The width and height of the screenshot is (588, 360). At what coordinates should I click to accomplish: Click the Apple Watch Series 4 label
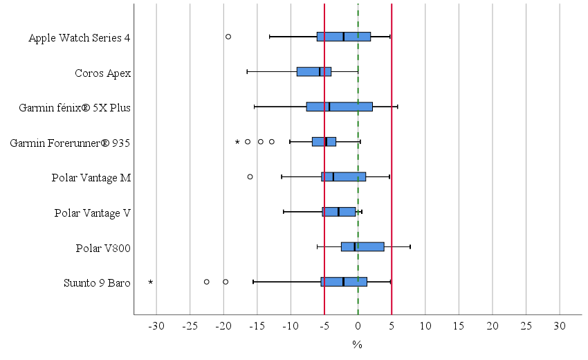point(80,37)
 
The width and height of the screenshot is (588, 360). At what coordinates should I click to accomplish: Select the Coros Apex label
point(102,73)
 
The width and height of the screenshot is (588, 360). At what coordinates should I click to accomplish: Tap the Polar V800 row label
point(103,248)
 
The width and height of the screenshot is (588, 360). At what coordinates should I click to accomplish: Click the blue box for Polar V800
point(362,246)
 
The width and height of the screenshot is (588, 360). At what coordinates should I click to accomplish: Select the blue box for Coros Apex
point(314,71)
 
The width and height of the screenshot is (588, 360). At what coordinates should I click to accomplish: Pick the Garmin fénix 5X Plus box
point(339,107)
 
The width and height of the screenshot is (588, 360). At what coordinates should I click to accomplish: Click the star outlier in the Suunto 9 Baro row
point(150,282)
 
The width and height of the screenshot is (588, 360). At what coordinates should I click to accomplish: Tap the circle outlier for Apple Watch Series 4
point(228,37)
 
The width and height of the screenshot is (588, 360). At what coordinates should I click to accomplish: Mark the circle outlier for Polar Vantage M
point(250,177)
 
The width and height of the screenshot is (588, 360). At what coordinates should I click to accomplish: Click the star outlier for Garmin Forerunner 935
point(237,142)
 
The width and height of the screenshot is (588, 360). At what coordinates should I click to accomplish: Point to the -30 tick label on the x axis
point(156,325)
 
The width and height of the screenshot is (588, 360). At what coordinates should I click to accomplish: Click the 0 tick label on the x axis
point(358,325)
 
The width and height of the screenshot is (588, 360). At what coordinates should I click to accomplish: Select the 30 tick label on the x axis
point(560,325)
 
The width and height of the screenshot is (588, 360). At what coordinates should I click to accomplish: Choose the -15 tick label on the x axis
point(257,325)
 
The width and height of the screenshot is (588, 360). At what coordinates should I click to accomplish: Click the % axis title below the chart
point(358,344)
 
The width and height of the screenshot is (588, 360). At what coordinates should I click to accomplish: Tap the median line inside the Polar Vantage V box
point(338,212)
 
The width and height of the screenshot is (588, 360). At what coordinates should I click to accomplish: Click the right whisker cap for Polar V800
point(410,246)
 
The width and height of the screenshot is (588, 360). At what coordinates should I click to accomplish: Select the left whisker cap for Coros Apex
point(247,71)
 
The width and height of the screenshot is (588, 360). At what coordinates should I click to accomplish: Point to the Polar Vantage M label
point(91,178)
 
